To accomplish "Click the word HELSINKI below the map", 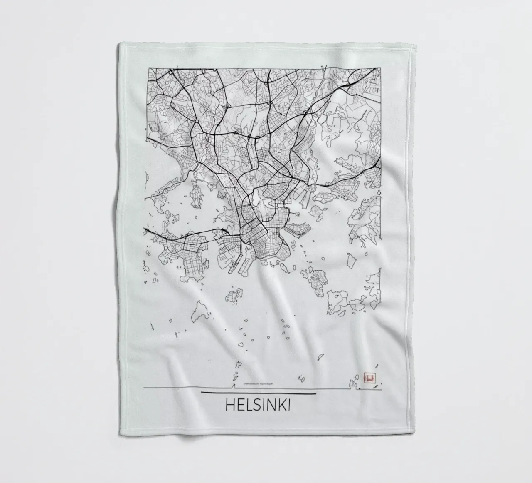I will pyautogui.click(x=258, y=406).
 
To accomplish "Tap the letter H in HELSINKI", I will pyautogui.click(x=229, y=406).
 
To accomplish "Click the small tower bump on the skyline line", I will pyautogui.click(x=235, y=386).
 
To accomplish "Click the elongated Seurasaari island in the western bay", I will pyautogui.click(x=194, y=194).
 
